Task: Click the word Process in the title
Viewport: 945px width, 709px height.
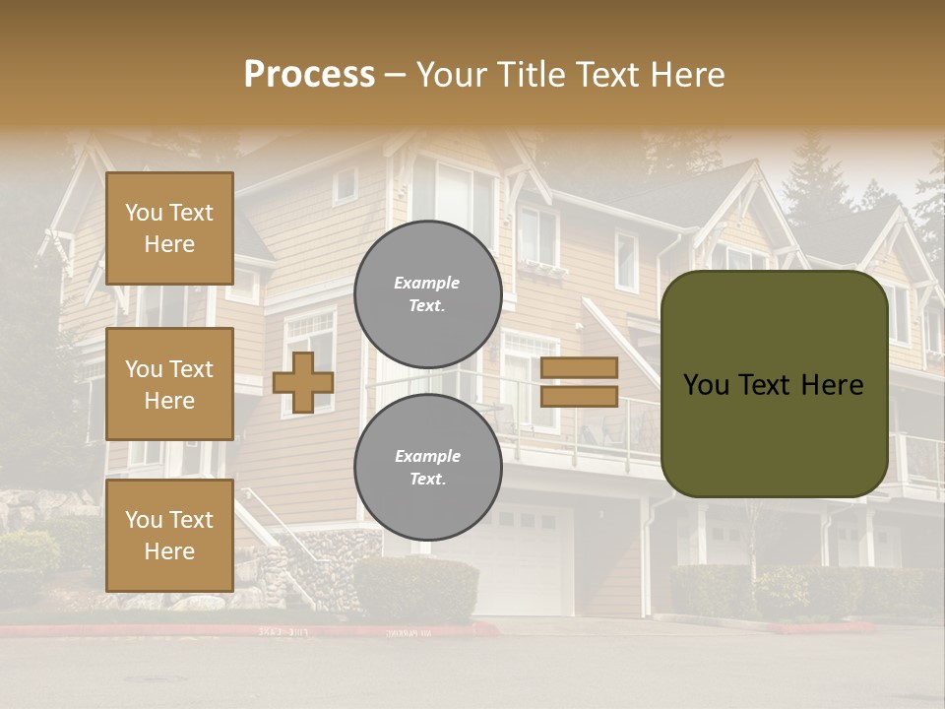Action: (309, 74)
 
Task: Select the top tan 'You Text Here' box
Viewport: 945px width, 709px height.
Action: (169, 228)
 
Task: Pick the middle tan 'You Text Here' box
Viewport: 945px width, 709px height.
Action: (169, 384)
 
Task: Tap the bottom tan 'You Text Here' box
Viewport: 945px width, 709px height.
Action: (169, 535)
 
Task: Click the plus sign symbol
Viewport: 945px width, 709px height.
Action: (303, 382)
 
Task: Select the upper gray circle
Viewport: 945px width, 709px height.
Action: (428, 293)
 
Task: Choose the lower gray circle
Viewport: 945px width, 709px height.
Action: (428, 467)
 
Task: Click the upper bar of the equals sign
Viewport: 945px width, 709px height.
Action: (579, 368)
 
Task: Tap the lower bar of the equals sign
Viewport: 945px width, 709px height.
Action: (579, 396)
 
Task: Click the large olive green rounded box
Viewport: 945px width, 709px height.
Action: (774, 384)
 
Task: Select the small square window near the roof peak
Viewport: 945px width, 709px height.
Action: (345, 184)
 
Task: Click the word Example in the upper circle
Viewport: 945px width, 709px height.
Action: (426, 283)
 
